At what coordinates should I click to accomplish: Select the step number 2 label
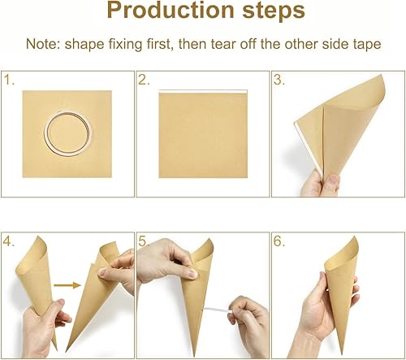[145, 80]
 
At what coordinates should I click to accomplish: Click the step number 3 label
[279, 80]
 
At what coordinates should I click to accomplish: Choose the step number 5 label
[145, 242]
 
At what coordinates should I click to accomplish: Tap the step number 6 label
[279, 242]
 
